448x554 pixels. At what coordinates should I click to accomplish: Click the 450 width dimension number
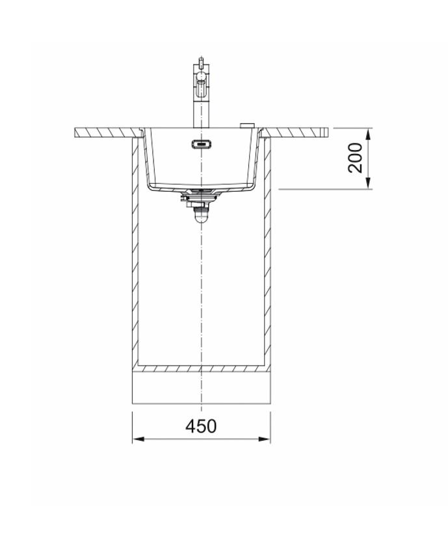(201, 426)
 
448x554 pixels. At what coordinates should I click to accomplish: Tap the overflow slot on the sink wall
(201, 145)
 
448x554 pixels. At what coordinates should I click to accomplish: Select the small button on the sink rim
(246, 124)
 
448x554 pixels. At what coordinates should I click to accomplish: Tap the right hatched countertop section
(299, 132)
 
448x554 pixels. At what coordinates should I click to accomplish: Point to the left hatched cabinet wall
(135, 260)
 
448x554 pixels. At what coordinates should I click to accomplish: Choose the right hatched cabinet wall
(267, 260)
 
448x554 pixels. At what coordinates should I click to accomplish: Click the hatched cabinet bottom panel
(201, 368)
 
